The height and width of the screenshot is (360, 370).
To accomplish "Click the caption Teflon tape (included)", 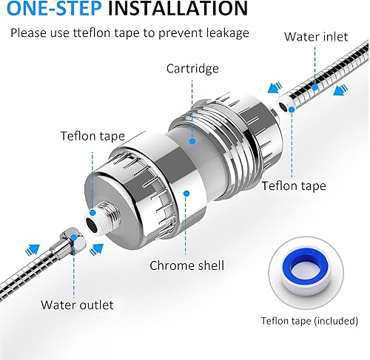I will (x=309, y=320).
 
